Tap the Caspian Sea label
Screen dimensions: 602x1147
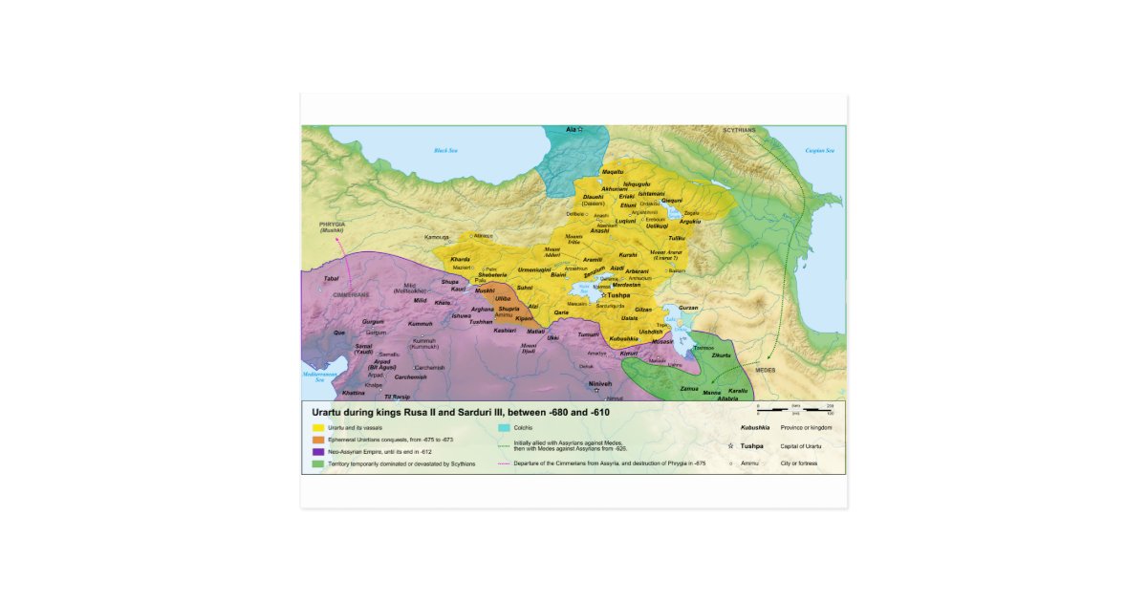[819, 150]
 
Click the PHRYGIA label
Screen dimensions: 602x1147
[332, 226]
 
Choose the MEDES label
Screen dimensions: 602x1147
[767, 368]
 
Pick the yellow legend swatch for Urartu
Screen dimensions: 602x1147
[317, 427]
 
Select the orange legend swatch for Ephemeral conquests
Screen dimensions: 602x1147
[317, 440]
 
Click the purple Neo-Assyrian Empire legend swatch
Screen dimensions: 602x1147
[317, 452]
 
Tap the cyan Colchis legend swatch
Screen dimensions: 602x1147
[504, 427]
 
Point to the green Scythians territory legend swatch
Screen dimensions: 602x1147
[317, 464]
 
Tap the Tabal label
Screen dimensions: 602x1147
[332, 278]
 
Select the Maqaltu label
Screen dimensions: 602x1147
[612, 171]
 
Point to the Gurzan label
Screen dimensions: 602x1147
[688, 308]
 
